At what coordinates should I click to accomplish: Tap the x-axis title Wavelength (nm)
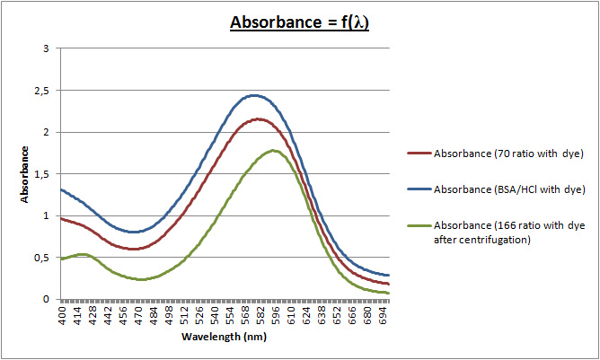[x=225, y=337]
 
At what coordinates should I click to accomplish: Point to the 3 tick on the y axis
[x=46, y=48]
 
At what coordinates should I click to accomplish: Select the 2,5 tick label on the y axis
[x=42, y=91]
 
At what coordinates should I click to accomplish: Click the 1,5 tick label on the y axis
[x=42, y=174]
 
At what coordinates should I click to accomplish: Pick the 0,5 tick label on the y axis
[x=42, y=258]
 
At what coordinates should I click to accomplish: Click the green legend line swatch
[x=418, y=227]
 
